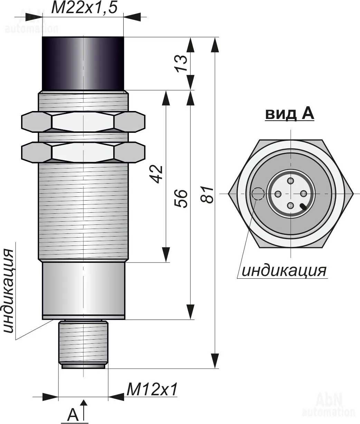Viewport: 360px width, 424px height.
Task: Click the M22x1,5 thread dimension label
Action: pos(84,8)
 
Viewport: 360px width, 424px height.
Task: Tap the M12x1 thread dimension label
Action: pos(152,389)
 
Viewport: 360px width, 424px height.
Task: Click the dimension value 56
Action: pos(181,199)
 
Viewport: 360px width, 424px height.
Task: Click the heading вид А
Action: pos(290,114)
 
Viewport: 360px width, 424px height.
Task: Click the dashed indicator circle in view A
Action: pos(258,194)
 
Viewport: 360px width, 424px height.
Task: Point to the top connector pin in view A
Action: pos(290,181)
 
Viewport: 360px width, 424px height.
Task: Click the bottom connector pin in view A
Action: pos(290,205)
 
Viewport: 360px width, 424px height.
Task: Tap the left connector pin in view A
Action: pos(278,193)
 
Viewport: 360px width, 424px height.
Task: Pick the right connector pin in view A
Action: pos(303,193)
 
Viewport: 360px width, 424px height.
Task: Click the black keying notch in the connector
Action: pos(303,206)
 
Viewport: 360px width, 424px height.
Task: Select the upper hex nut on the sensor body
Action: pos(83,121)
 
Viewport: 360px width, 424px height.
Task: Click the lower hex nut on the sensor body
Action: pos(83,153)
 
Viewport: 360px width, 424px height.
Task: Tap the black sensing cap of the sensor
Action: pos(83,63)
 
